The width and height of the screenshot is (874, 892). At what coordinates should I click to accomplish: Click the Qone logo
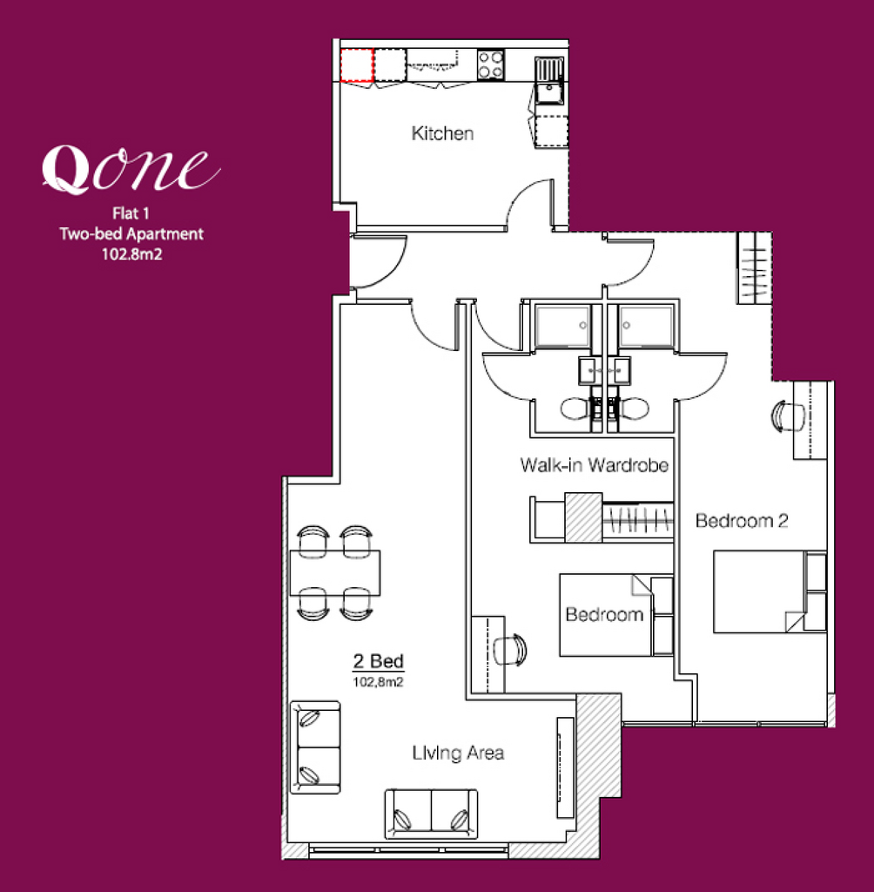tap(131, 169)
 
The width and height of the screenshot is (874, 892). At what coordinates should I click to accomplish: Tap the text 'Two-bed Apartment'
tap(131, 233)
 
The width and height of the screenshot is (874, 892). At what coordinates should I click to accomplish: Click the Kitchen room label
tap(442, 133)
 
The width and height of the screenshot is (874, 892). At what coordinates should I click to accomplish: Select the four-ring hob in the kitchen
tap(490, 64)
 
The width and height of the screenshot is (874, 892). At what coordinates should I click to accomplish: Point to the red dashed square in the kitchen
tap(357, 65)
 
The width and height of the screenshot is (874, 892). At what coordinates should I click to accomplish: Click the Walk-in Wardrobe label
tap(595, 465)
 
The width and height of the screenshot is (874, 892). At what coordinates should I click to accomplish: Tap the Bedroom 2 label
tap(742, 521)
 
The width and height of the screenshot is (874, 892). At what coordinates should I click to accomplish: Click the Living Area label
tap(458, 753)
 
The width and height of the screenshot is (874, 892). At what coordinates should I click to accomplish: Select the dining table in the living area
tap(335, 572)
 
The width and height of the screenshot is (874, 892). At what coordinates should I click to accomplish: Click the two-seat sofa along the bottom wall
tap(431, 814)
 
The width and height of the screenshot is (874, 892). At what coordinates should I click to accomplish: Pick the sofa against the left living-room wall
tap(315, 747)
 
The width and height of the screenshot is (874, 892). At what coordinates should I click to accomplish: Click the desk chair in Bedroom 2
tap(788, 416)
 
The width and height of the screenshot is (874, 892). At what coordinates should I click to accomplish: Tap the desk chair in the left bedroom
tap(510, 649)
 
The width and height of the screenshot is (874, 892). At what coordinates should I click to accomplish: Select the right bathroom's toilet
tap(630, 408)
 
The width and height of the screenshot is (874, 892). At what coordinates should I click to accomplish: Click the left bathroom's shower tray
tap(562, 326)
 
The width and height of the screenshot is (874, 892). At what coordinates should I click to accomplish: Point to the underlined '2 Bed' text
tap(378, 662)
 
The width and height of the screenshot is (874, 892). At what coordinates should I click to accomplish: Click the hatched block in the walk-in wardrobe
tap(583, 517)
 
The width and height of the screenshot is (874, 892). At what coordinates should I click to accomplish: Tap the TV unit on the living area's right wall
tap(565, 767)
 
